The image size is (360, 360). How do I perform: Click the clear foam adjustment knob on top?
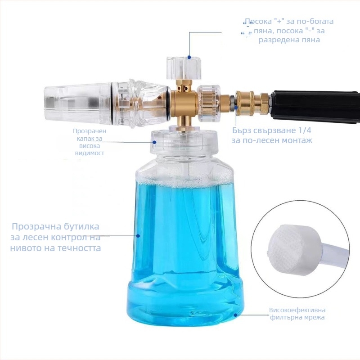(x=184, y=68)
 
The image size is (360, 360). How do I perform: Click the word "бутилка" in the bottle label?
(x=78, y=227)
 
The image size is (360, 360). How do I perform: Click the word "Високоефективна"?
(x=297, y=310)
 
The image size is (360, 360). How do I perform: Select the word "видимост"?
(x=90, y=153)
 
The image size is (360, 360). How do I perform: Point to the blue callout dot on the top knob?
(x=189, y=57)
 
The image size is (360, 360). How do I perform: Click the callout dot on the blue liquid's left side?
(x=138, y=235)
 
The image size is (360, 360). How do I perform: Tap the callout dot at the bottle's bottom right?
(x=235, y=315)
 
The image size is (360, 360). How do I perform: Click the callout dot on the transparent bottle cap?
(x=155, y=142)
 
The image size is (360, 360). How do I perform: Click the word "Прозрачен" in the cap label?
(x=90, y=131)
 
